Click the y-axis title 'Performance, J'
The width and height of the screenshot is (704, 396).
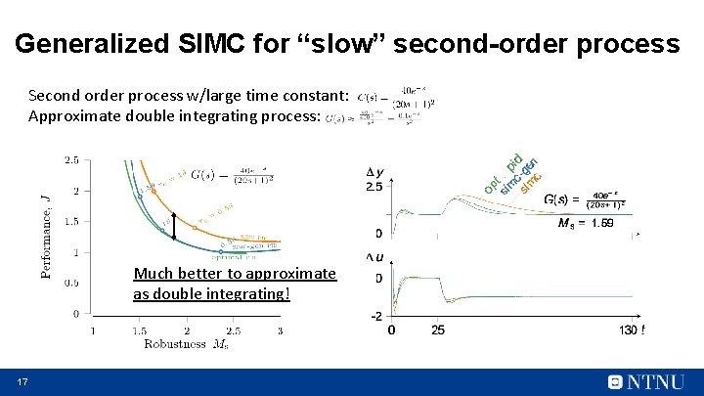click(x=46, y=236)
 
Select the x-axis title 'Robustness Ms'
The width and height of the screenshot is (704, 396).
click(x=187, y=344)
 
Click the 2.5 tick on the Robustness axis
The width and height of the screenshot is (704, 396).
click(x=233, y=330)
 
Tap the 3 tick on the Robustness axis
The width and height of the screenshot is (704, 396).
click(x=280, y=330)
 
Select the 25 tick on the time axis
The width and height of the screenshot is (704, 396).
click(x=438, y=330)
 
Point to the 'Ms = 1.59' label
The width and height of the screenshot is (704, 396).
click(x=586, y=224)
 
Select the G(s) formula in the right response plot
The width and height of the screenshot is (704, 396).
click(x=584, y=200)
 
